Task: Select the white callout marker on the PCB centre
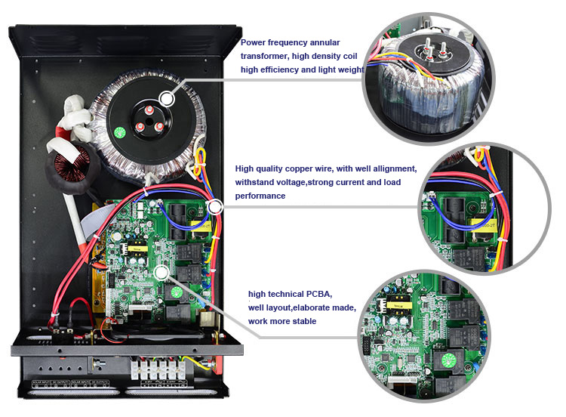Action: coord(160,272)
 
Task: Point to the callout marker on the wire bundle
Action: coord(214,205)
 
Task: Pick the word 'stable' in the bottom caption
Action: coord(300,321)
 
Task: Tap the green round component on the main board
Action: coord(175,292)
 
